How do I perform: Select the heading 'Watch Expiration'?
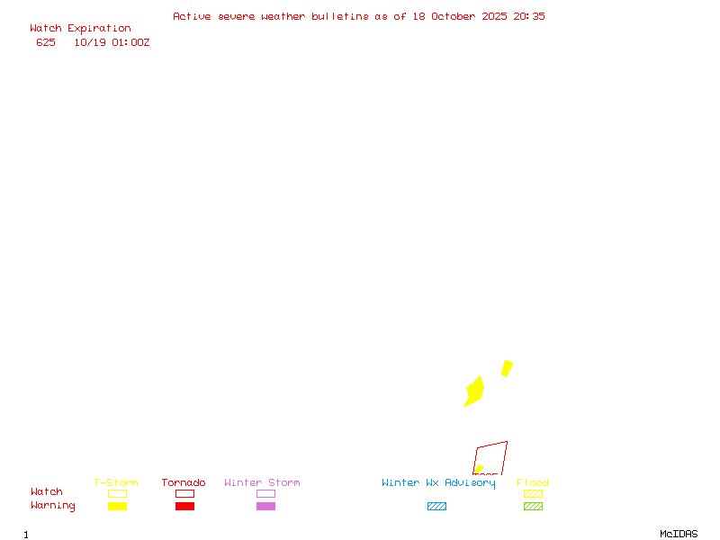(80, 29)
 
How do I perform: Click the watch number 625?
(46, 42)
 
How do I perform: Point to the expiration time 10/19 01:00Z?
(112, 42)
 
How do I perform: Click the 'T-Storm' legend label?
(116, 482)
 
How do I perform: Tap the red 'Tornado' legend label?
(184, 482)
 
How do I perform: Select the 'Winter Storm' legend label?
(262, 482)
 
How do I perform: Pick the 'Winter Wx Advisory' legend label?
(438, 482)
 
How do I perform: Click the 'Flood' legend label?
(533, 482)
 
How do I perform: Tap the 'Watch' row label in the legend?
(47, 492)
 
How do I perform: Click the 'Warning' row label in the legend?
(53, 506)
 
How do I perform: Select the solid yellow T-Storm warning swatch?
(117, 507)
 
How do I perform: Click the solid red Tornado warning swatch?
(184, 507)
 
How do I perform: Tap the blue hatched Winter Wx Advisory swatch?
(436, 507)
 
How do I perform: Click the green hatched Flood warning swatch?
(533, 507)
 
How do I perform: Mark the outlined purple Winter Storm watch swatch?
(265, 493)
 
